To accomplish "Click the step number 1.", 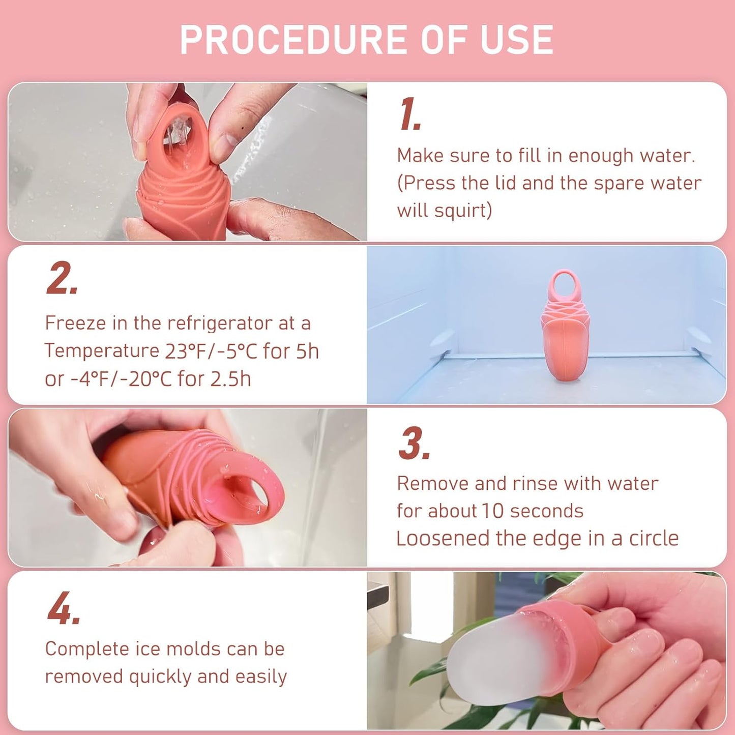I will (409, 114).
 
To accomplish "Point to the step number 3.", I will (414, 444).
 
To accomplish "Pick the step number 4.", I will (64, 608).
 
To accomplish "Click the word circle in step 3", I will (654, 539).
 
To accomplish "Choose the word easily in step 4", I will (261, 677).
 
